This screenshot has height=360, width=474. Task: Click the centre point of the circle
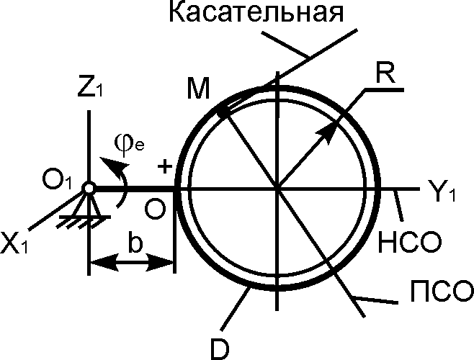click(x=277, y=189)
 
